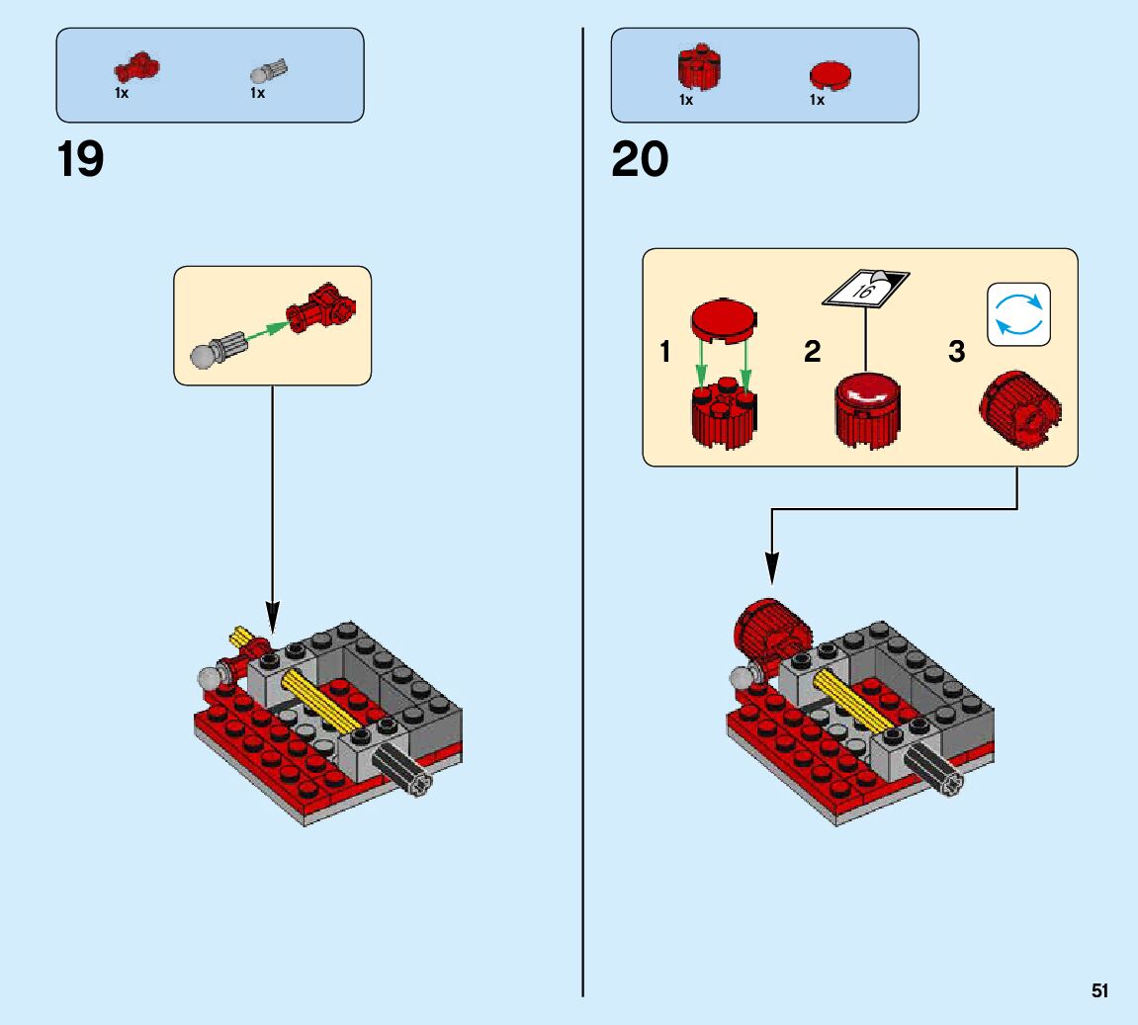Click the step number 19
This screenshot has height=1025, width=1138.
coord(80,160)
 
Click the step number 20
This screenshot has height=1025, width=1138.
coord(640,160)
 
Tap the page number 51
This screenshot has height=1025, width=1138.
coord(1099,990)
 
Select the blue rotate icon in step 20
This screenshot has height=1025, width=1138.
coord(1018,315)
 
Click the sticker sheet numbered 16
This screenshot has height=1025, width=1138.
coord(866,288)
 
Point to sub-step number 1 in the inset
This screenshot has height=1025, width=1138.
coord(666,351)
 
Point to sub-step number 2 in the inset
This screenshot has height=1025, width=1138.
coord(812,351)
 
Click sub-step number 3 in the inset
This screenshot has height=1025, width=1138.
coord(956,351)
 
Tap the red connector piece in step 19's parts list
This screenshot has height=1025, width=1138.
coord(136,69)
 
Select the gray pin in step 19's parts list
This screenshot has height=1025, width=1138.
coord(269,71)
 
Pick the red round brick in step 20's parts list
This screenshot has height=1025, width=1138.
coord(699,67)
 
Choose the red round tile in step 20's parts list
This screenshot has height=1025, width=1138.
coord(831,76)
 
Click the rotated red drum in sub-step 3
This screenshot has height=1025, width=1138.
coord(1019,413)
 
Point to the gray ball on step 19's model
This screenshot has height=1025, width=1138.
coord(210,680)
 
